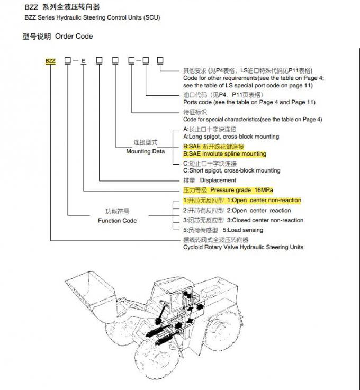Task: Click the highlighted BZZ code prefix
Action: (x=50, y=61)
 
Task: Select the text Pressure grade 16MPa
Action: (x=241, y=190)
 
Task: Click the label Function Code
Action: (x=117, y=220)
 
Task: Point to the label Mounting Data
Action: (x=145, y=151)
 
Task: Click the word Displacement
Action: (x=218, y=180)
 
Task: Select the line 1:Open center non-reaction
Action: (x=264, y=201)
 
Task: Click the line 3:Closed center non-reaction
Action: (x=265, y=220)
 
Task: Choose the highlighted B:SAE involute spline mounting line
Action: (x=224, y=154)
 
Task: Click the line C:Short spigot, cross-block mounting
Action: (x=231, y=170)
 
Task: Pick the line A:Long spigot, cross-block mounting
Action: (x=231, y=137)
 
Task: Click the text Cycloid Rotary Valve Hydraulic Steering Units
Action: (x=243, y=247)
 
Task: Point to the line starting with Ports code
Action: (x=249, y=102)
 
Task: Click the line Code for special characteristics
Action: (x=252, y=120)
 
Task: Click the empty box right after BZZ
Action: (x=68, y=61)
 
